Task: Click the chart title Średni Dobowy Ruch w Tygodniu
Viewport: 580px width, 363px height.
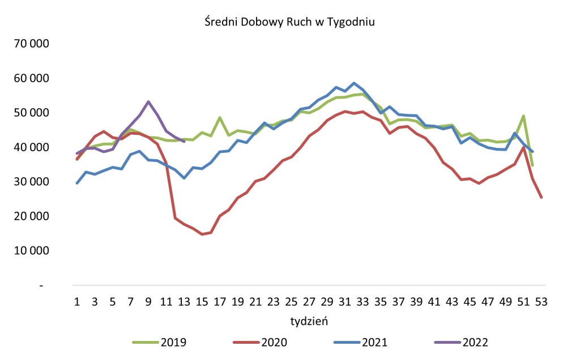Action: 289,23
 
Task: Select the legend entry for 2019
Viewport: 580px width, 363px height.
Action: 160,342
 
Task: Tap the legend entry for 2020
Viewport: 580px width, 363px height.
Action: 260,342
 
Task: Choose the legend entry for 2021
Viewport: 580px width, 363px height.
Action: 361,342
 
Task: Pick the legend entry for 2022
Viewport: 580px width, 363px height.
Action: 461,342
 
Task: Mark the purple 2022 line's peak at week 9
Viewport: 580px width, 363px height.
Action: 148,102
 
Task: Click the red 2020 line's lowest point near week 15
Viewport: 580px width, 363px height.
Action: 202,234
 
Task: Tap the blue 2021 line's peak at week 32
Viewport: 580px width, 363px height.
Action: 354,83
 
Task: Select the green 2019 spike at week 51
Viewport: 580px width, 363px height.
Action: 523,116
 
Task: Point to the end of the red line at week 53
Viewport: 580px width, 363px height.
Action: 541,197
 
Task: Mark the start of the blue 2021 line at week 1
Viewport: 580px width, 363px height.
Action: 77,183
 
